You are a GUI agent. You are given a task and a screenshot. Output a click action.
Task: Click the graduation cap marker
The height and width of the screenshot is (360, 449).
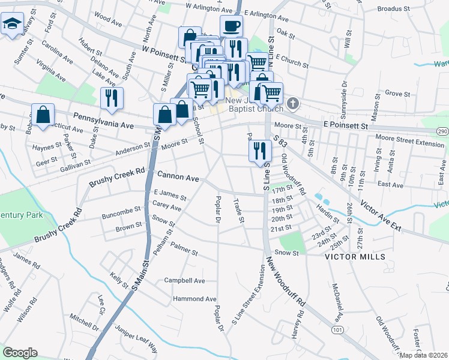(11, 25)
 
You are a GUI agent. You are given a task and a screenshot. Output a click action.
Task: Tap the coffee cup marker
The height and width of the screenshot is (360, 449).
(231, 26)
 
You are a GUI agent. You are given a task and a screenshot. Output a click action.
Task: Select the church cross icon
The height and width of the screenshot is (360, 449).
(292, 104)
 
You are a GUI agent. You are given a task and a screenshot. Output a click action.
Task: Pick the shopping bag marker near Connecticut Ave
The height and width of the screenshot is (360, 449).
(43, 115)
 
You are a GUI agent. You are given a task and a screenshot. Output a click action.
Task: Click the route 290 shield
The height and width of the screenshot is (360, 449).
(442, 131)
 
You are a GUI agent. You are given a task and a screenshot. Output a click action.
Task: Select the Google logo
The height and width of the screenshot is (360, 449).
(20, 352)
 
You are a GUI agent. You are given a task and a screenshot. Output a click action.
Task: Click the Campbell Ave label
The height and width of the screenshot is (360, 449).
(185, 280)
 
